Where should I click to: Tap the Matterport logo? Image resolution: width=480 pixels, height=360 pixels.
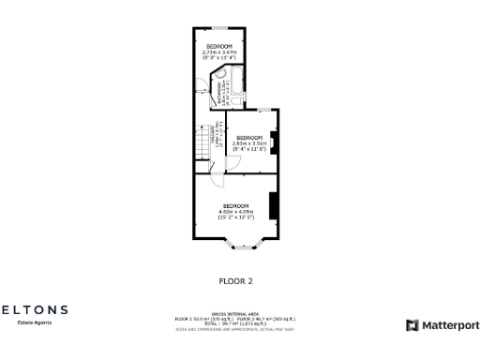[442, 325]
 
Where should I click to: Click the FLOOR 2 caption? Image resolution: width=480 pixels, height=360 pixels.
[235, 279]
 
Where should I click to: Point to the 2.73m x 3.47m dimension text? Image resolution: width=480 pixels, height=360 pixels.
[219, 52]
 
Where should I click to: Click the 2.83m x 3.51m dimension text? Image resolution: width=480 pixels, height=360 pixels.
[249, 142]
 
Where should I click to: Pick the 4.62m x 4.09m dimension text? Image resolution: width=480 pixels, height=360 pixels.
[235, 211]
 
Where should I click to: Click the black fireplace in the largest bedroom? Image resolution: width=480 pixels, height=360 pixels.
[273, 204]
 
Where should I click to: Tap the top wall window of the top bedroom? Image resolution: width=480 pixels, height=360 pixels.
[220, 30]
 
